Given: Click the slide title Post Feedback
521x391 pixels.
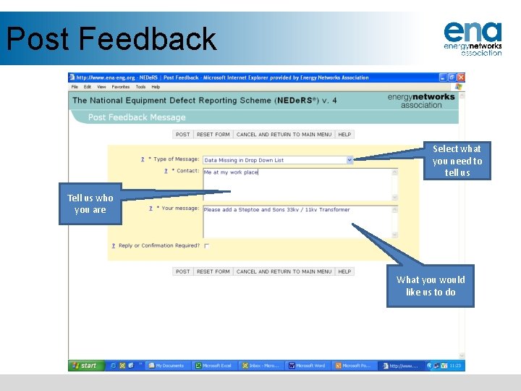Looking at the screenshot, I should click(x=111, y=39).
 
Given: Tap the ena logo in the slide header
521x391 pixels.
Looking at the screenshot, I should click(x=473, y=38).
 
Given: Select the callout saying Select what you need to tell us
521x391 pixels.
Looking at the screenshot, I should click(x=457, y=161).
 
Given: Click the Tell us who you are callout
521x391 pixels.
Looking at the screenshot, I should click(x=90, y=204).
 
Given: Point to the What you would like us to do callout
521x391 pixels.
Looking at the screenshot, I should click(x=431, y=286).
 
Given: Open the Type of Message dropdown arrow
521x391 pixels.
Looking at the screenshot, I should click(x=350, y=160).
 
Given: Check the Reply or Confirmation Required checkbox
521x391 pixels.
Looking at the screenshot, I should click(x=206, y=246).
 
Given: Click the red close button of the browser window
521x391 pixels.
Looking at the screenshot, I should click(x=461, y=77).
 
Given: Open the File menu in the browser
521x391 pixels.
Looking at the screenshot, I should click(x=75, y=87).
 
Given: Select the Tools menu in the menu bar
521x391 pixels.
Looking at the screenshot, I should click(x=140, y=87).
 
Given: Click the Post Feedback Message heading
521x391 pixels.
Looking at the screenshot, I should click(x=137, y=117).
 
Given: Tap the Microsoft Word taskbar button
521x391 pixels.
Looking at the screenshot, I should click(x=308, y=366).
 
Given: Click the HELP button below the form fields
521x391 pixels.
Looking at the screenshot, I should click(x=344, y=272).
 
